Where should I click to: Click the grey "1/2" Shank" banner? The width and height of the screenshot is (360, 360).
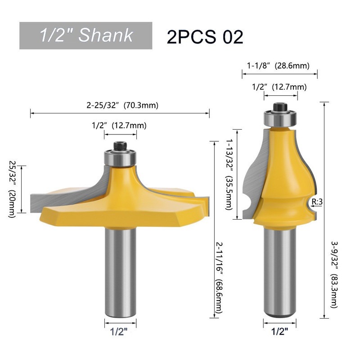(85, 36)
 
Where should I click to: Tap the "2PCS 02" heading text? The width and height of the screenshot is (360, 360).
(205, 37)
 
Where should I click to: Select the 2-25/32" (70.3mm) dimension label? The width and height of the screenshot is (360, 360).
(122, 105)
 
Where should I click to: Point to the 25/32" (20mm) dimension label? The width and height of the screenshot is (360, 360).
(12, 189)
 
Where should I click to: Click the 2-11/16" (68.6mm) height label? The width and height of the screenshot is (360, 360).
(219, 278)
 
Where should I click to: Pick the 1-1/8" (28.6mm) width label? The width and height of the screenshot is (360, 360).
(278, 66)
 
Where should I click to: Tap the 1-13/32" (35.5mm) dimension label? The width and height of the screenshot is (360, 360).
(229, 174)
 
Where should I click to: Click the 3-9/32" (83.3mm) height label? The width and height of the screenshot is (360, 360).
(334, 274)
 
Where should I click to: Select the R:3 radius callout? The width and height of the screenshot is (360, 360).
(317, 202)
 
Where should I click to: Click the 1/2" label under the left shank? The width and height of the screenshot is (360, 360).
(119, 332)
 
